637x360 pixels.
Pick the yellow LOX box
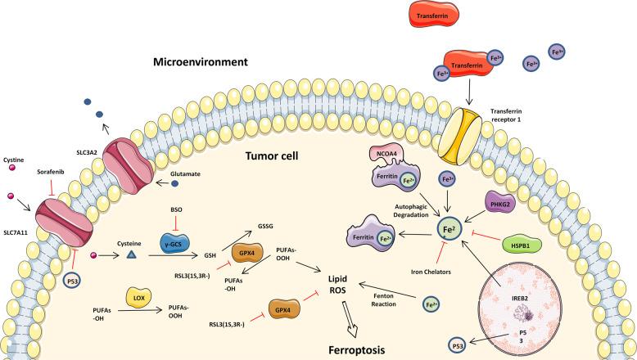point(136,297)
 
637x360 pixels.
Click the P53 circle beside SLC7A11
point(73,281)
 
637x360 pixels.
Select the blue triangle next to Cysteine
point(107,256)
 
